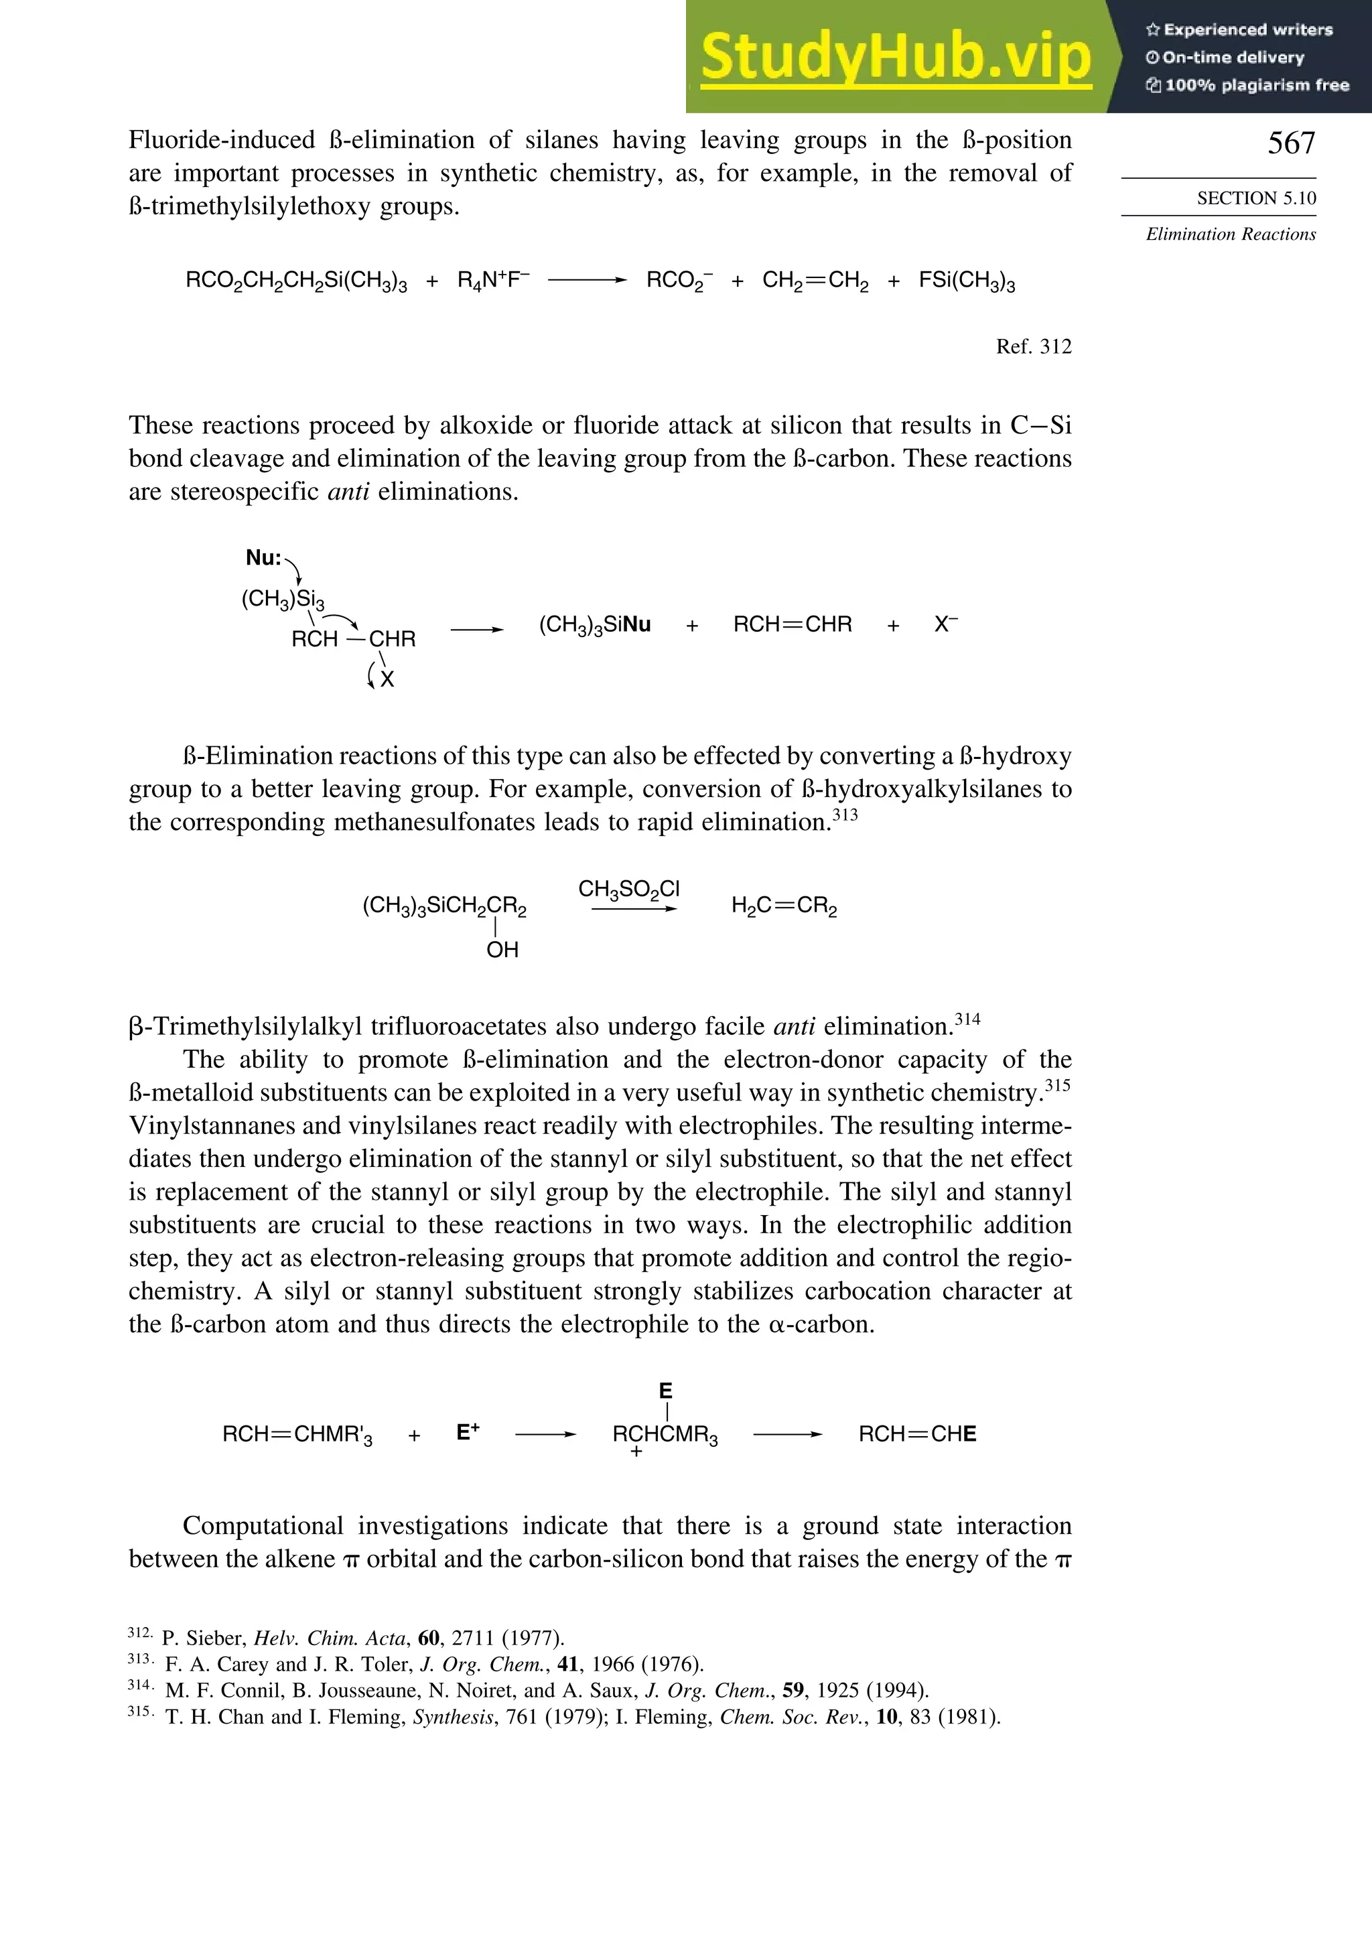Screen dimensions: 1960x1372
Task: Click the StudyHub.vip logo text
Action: click(896, 57)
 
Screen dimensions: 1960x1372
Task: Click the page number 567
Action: click(1291, 143)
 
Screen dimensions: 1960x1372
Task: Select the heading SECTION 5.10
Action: click(1256, 198)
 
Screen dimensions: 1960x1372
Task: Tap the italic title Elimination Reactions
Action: click(1230, 234)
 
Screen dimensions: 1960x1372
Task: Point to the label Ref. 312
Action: click(1033, 346)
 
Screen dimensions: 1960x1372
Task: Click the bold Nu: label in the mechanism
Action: click(263, 558)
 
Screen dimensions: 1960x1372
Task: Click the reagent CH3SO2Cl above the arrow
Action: click(628, 890)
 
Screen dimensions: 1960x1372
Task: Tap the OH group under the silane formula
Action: click(502, 949)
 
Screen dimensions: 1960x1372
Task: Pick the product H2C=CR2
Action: click(784, 906)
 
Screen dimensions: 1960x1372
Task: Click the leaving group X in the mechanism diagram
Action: click(388, 679)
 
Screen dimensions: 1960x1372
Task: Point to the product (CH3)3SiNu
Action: click(594, 625)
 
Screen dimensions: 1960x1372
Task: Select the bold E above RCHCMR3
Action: click(666, 1391)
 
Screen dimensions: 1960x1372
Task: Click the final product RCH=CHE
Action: click(917, 1434)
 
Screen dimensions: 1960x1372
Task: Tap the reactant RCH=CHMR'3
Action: click(297, 1435)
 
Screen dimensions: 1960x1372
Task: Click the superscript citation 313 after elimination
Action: click(845, 815)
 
